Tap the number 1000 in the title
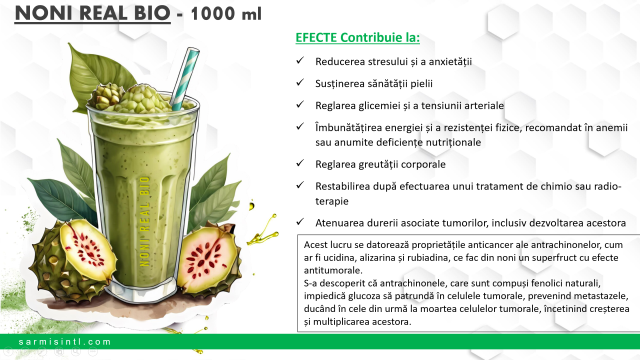(213, 13)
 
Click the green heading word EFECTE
(316, 37)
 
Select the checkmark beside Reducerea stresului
(300, 60)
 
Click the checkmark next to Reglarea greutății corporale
(300, 163)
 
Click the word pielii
(421, 83)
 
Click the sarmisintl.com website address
(64, 341)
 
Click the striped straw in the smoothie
(184, 79)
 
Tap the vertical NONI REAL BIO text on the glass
(145, 221)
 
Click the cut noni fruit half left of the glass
(85, 249)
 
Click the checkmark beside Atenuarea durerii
(300, 221)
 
